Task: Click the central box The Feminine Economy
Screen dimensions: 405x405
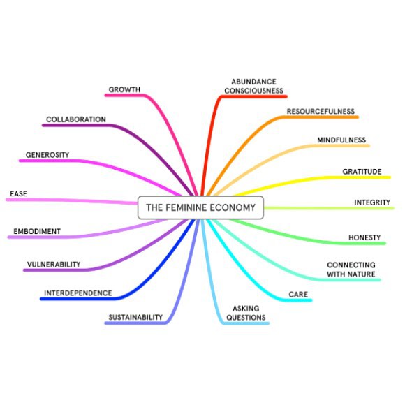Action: [x=200, y=207]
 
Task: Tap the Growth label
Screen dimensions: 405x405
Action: [x=124, y=89]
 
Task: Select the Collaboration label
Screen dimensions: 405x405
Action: [x=76, y=119]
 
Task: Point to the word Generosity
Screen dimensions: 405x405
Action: [x=47, y=155]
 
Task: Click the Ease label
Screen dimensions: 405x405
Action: [x=18, y=193]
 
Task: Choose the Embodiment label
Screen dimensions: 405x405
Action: [x=37, y=231]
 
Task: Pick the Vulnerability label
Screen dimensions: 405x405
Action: [x=54, y=265]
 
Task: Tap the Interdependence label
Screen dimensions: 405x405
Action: [x=78, y=293]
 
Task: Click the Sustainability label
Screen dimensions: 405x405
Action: [x=135, y=317]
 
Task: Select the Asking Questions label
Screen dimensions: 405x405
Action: [x=246, y=313]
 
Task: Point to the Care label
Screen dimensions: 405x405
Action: [x=298, y=295]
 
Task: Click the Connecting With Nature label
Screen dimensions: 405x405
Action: [x=351, y=270]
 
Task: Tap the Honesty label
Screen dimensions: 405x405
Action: [x=364, y=237]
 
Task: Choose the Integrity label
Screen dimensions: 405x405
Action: [x=372, y=202]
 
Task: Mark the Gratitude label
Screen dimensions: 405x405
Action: [x=362, y=172]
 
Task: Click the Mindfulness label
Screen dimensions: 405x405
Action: [x=341, y=140]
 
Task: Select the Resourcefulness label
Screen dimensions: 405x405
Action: [x=321, y=111]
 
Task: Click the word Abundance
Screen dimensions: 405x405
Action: [x=253, y=82]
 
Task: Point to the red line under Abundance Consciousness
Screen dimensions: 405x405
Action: [x=254, y=96]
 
